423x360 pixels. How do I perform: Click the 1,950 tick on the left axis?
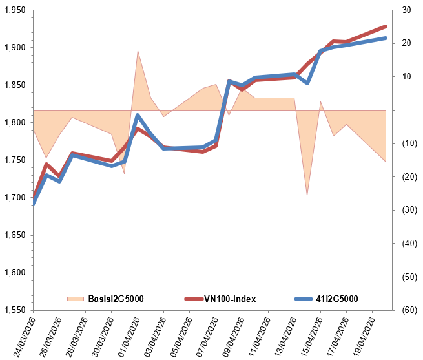point(14,11)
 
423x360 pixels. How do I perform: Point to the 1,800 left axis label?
point(14,123)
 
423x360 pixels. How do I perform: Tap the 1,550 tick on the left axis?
point(14,310)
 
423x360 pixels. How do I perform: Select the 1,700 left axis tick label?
point(14,198)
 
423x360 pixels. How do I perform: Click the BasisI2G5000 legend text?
point(116,299)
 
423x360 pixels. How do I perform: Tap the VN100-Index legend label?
point(230,299)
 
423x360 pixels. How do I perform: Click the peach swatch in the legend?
point(76,299)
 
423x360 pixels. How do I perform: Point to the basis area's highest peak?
point(138,50)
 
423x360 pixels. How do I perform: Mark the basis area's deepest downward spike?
point(307,195)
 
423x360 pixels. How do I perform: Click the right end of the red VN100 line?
point(386,26)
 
